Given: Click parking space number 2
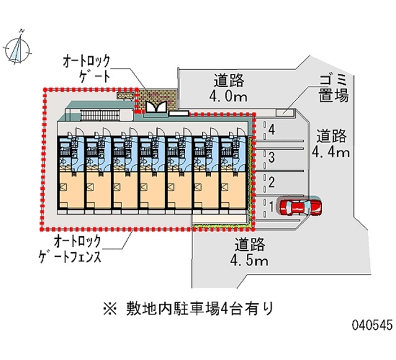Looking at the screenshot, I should tap(271, 181).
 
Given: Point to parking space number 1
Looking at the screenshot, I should tap(271, 204).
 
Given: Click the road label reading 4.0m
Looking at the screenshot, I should tap(229, 88).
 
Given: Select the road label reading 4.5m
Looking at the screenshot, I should tap(250, 252).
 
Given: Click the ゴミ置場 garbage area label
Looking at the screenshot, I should tap(334, 88).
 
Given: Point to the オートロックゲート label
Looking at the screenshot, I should tap(86, 69).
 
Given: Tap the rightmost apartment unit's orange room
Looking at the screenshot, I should tap(233, 189).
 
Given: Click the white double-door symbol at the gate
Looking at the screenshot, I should tap(155, 108).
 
